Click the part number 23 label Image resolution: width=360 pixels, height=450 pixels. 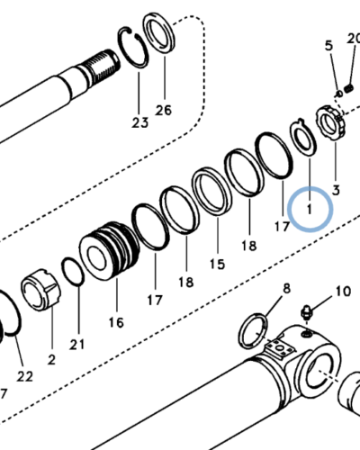coord(139,122)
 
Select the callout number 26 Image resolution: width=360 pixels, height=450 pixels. coord(164,110)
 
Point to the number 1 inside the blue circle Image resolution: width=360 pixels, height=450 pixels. coord(310,209)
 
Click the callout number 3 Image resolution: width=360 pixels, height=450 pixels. coord(336,190)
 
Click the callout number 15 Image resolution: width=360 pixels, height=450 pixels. coord(217,264)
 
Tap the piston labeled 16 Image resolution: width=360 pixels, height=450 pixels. coord(110,250)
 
